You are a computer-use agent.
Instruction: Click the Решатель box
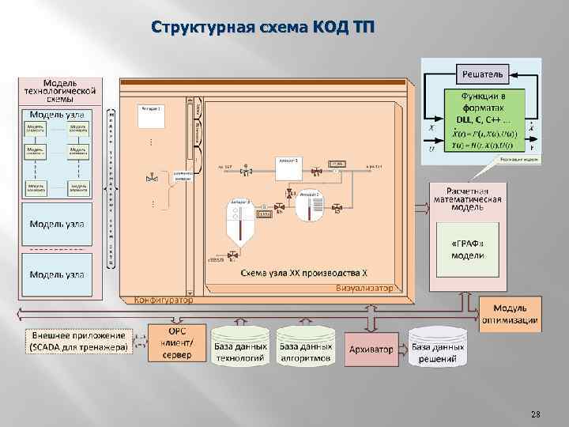tap(480, 75)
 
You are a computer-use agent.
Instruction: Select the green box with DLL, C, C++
tap(481, 119)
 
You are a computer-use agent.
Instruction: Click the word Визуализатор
tap(364, 288)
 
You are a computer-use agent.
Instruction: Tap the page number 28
tap(536, 414)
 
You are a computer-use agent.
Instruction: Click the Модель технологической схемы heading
tap(60, 91)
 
